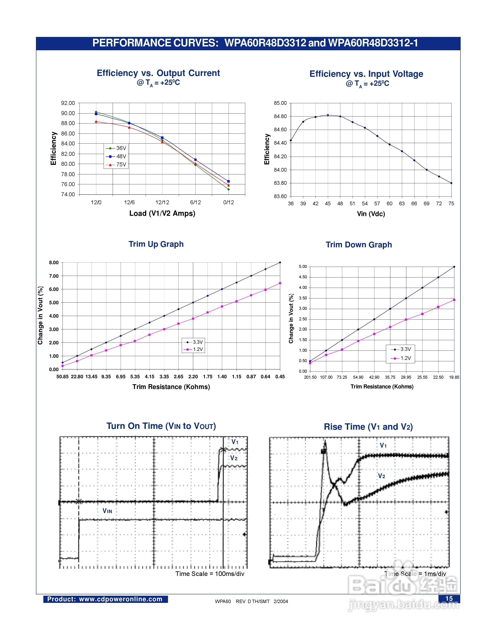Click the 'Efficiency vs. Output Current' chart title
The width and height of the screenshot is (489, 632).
pyautogui.click(x=158, y=73)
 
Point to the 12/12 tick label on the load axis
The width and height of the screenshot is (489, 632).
pyautogui.click(x=162, y=202)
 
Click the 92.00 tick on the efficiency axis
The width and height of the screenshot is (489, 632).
pyautogui.click(x=68, y=103)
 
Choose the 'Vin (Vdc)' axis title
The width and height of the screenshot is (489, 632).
pyautogui.click(x=371, y=214)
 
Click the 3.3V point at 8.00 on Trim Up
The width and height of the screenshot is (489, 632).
pyautogui.click(x=280, y=263)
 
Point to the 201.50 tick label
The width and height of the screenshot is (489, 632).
pyautogui.click(x=310, y=377)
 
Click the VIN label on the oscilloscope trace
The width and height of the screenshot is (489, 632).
pyautogui.click(x=107, y=511)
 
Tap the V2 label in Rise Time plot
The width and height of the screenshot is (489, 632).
pyautogui.click(x=382, y=476)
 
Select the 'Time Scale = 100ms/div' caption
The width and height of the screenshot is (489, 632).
pyautogui.click(x=210, y=574)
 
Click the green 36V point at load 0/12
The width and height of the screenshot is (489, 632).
pyautogui.click(x=229, y=189)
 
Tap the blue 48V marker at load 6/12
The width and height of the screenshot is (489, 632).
pyautogui.click(x=196, y=160)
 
